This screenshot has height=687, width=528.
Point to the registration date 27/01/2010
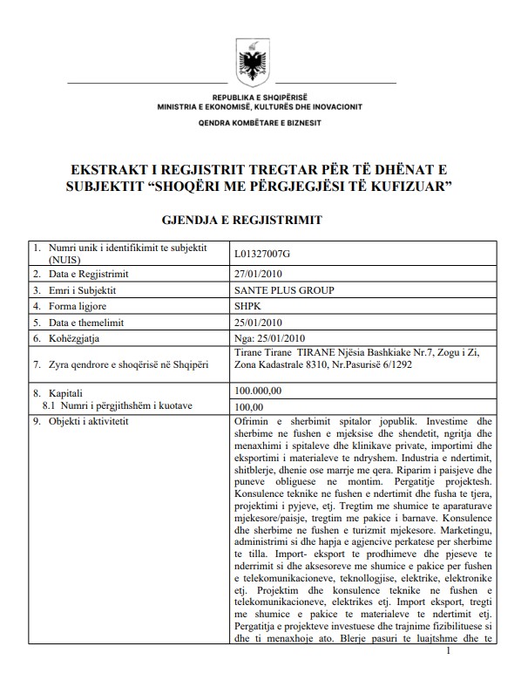pos(259,275)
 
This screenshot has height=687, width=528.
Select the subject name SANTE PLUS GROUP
pos(284,290)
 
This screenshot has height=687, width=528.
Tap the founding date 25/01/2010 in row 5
pos(259,322)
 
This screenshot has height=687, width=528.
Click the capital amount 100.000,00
pos(259,391)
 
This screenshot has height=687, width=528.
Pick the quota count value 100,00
pos(249,405)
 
